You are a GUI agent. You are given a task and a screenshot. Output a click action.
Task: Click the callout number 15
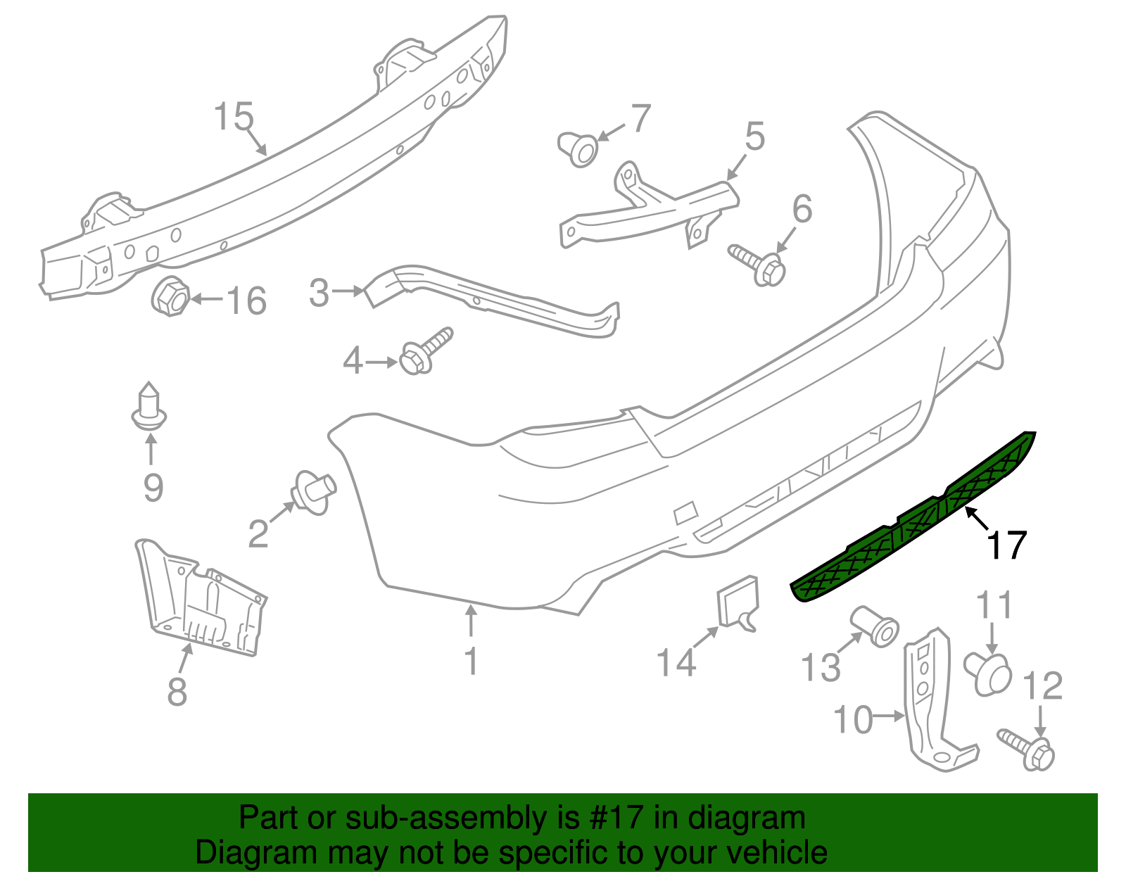(234, 116)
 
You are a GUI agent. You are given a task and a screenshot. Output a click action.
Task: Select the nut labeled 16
(170, 297)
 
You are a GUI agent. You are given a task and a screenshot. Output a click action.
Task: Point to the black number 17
(1007, 545)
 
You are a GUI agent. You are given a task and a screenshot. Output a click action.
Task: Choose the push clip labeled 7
(577, 149)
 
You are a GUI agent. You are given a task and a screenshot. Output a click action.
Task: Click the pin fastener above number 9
(149, 406)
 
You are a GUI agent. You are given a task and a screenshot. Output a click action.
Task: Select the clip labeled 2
(314, 492)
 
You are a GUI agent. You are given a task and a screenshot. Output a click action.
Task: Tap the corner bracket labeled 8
(201, 597)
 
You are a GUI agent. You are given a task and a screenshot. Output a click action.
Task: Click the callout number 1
(472, 661)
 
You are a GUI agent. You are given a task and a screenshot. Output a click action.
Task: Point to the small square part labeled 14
(737, 603)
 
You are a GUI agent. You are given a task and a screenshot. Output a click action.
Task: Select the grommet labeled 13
(875, 626)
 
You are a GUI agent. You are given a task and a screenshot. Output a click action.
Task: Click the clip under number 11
(987, 673)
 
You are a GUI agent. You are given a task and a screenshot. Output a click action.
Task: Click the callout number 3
(319, 292)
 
